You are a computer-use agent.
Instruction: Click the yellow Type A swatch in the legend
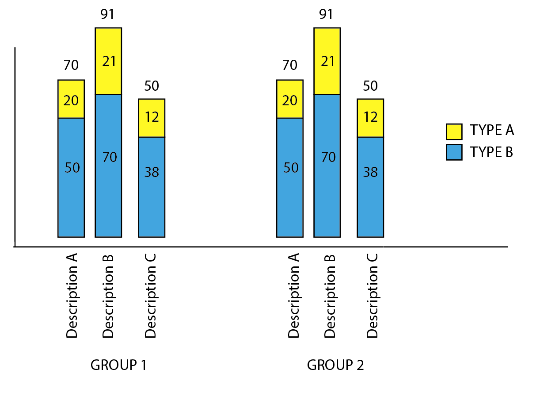tap(454, 131)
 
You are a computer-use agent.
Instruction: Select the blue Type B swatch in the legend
tap(454, 152)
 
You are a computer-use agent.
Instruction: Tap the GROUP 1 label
tap(118, 365)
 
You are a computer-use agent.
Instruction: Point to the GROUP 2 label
tap(335, 365)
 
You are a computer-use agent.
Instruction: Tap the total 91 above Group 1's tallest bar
tap(107, 14)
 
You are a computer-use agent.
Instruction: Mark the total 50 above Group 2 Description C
tap(370, 86)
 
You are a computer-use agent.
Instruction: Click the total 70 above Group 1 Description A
tap(71, 65)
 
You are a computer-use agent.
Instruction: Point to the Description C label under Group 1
tap(151, 296)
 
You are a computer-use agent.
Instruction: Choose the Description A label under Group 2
tap(293, 296)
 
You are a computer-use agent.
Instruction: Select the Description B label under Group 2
tap(331, 296)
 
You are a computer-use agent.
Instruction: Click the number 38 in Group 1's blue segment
tap(152, 172)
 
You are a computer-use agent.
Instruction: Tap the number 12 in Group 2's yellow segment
tap(370, 117)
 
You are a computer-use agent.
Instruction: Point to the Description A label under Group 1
tap(72, 296)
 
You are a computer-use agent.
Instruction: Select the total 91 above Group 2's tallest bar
tap(327, 14)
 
